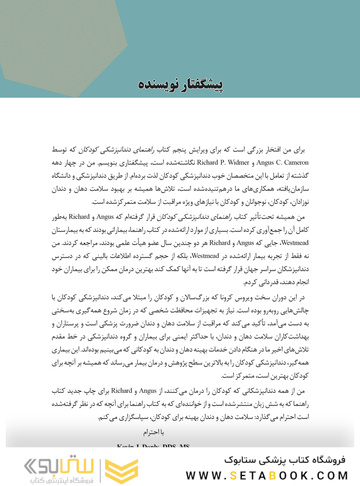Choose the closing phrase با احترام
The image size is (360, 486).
(153, 432)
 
